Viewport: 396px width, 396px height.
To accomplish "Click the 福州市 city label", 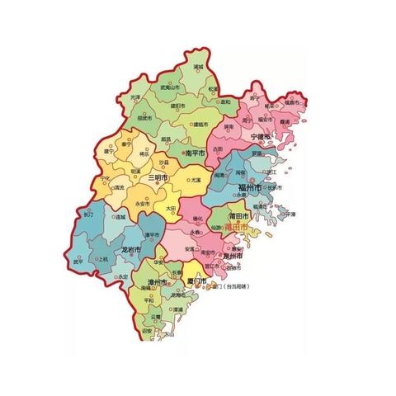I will pyautogui.click(x=249, y=189).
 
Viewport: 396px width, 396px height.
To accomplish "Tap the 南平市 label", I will pyautogui.click(x=195, y=153).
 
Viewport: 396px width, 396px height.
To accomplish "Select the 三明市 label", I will pyautogui.click(x=158, y=177).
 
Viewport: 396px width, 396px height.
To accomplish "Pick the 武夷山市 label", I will pyautogui.click(x=170, y=87).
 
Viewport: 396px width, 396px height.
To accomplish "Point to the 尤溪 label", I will pyautogui.click(x=196, y=180).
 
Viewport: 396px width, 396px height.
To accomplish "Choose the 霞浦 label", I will pyautogui.click(x=285, y=121).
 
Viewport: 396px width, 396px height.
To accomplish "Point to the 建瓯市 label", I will pyautogui.click(x=198, y=124).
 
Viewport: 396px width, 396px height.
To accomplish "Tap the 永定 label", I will pyautogui.click(x=124, y=276).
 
